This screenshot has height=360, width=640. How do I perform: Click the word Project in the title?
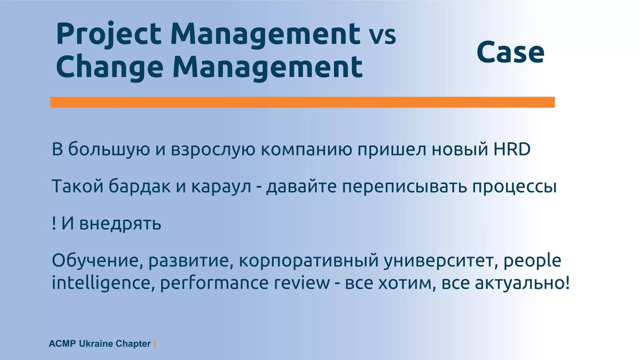(x=108, y=34)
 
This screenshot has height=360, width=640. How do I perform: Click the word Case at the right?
(x=510, y=52)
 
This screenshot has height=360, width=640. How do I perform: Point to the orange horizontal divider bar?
(x=302, y=102)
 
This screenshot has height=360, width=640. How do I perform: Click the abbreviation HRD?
(x=512, y=149)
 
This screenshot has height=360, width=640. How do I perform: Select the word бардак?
(x=140, y=187)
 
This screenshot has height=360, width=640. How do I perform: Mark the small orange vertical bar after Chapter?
(x=155, y=344)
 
